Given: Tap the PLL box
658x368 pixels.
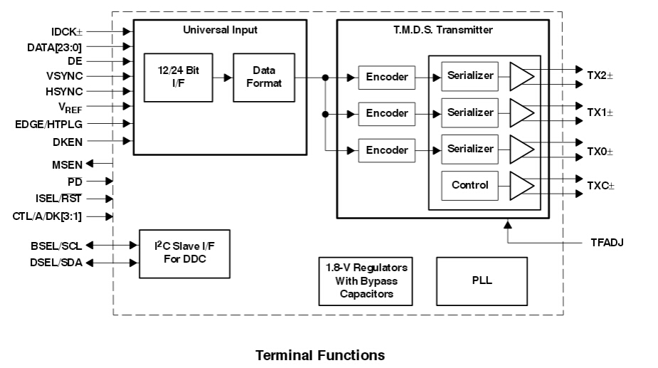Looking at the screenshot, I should (x=482, y=280).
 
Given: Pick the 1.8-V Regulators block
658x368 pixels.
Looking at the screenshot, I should (x=366, y=280).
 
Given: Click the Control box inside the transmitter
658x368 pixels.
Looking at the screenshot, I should (x=469, y=185).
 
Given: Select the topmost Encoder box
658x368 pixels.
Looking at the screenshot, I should (x=387, y=77).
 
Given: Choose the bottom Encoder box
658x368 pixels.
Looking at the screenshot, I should (x=387, y=150).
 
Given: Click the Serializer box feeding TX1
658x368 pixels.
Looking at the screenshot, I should (x=469, y=112).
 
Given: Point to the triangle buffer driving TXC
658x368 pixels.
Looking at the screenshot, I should (x=521, y=186).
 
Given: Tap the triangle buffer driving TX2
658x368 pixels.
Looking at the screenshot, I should (x=521, y=77).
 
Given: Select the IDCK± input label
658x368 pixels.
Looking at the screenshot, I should (x=67, y=32).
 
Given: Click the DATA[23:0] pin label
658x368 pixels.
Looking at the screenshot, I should (x=55, y=47).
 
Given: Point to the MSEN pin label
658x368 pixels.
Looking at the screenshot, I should (x=68, y=165).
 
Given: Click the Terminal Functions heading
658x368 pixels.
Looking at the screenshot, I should (x=320, y=354).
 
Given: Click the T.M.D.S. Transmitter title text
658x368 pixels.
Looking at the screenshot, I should (x=442, y=30).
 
